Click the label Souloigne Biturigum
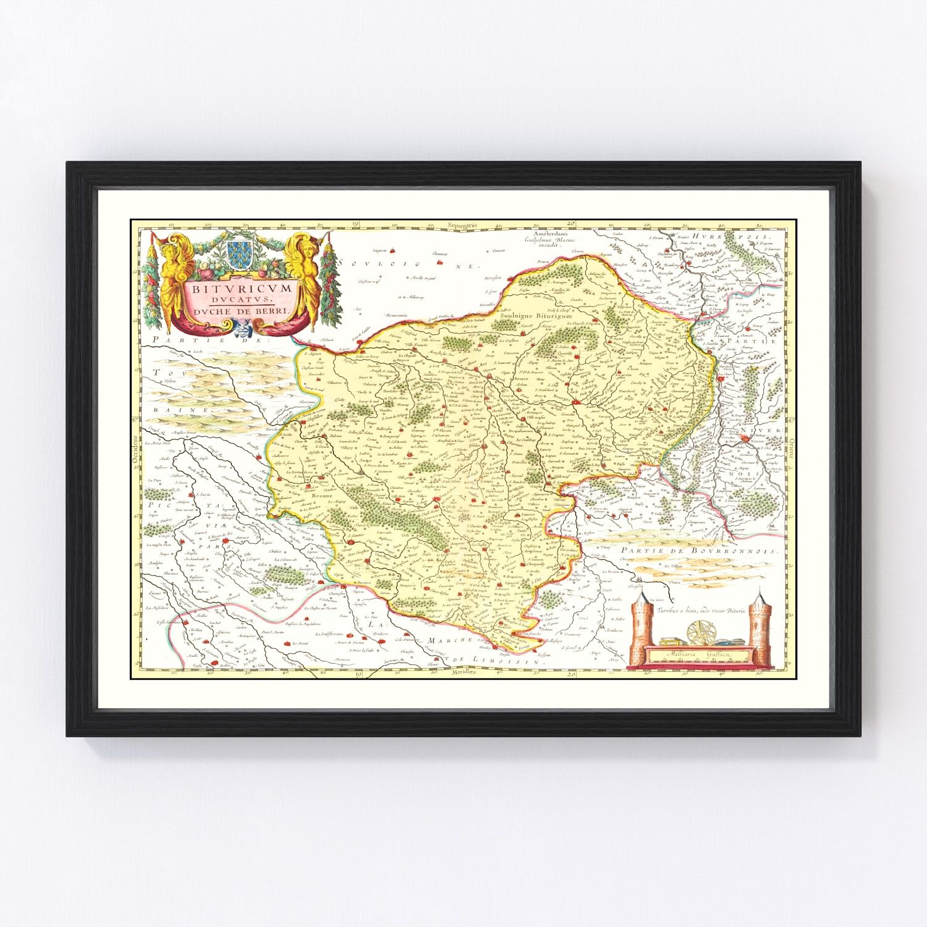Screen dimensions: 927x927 532,315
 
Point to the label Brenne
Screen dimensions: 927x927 322,496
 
